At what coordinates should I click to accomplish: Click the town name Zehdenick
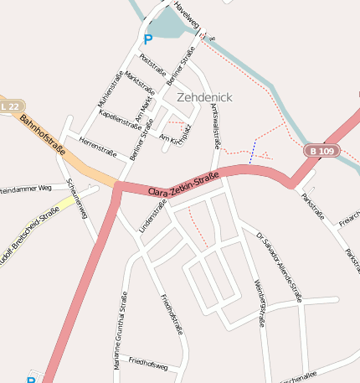click(x=204, y=97)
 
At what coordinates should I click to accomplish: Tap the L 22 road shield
click(x=10, y=106)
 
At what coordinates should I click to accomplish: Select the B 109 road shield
click(x=321, y=151)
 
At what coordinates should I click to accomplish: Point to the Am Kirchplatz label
click(x=176, y=132)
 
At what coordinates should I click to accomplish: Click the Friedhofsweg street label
click(x=149, y=363)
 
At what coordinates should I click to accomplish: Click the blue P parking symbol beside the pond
click(x=148, y=39)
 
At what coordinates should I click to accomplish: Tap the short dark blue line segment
click(x=252, y=153)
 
